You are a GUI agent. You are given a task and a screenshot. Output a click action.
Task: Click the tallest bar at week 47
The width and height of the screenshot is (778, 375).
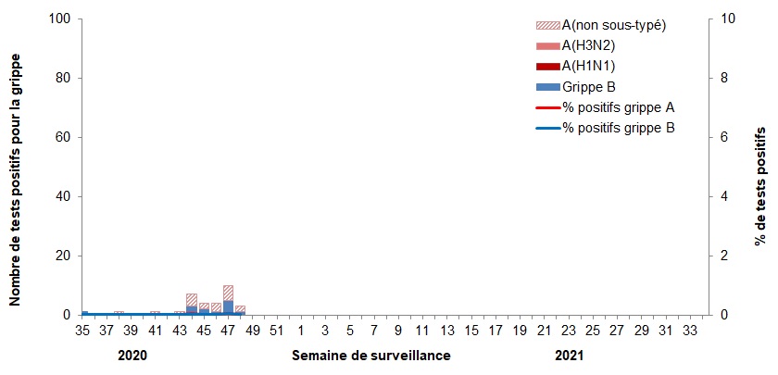[228, 300]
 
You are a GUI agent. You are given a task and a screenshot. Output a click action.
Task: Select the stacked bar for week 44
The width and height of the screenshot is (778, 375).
[192, 305]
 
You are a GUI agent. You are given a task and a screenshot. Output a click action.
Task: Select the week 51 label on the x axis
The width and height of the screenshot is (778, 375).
[276, 331]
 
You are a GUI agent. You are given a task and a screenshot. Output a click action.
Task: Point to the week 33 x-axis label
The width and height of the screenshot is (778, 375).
[689, 331]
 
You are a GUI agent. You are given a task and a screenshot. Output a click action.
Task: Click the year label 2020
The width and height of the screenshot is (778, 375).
[132, 356]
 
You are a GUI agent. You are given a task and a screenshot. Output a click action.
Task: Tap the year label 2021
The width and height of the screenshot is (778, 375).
[570, 356]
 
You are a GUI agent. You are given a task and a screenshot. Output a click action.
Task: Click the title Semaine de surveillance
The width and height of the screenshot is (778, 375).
[371, 356]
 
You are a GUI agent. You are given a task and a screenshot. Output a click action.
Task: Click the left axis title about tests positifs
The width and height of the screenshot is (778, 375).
[16, 167]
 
